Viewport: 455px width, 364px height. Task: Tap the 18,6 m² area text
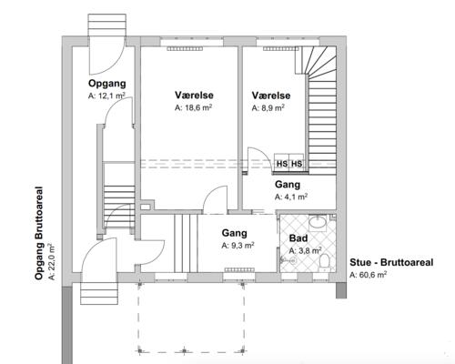pyautogui.click(x=193, y=108)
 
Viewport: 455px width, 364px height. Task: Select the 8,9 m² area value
pyautogui.click(x=268, y=108)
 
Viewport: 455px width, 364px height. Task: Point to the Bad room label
pyautogui.click(x=298, y=238)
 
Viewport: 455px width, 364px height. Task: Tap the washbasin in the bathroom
pyautogui.click(x=318, y=223)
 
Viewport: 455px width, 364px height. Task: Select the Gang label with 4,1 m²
pyautogui.click(x=288, y=185)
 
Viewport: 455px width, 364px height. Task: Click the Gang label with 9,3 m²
pyautogui.click(x=234, y=233)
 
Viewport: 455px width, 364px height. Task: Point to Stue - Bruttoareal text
pyautogui.click(x=391, y=262)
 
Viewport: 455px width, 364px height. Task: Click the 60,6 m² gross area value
pyautogui.click(x=369, y=275)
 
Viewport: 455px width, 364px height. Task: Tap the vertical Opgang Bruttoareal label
pyautogui.click(x=39, y=233)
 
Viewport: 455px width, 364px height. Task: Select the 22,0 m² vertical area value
pyautogui.click(x=52, y=261)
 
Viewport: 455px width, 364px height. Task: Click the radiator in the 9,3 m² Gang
pyautogui.click(x=240, y=269)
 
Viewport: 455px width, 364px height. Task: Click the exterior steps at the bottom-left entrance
pyautogui.click(x=99, y=293)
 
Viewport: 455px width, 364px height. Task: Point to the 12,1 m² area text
pyautogui.click(x=106, y=96)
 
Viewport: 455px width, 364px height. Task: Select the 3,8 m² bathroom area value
pyautogui.click(x=305, y=251)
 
